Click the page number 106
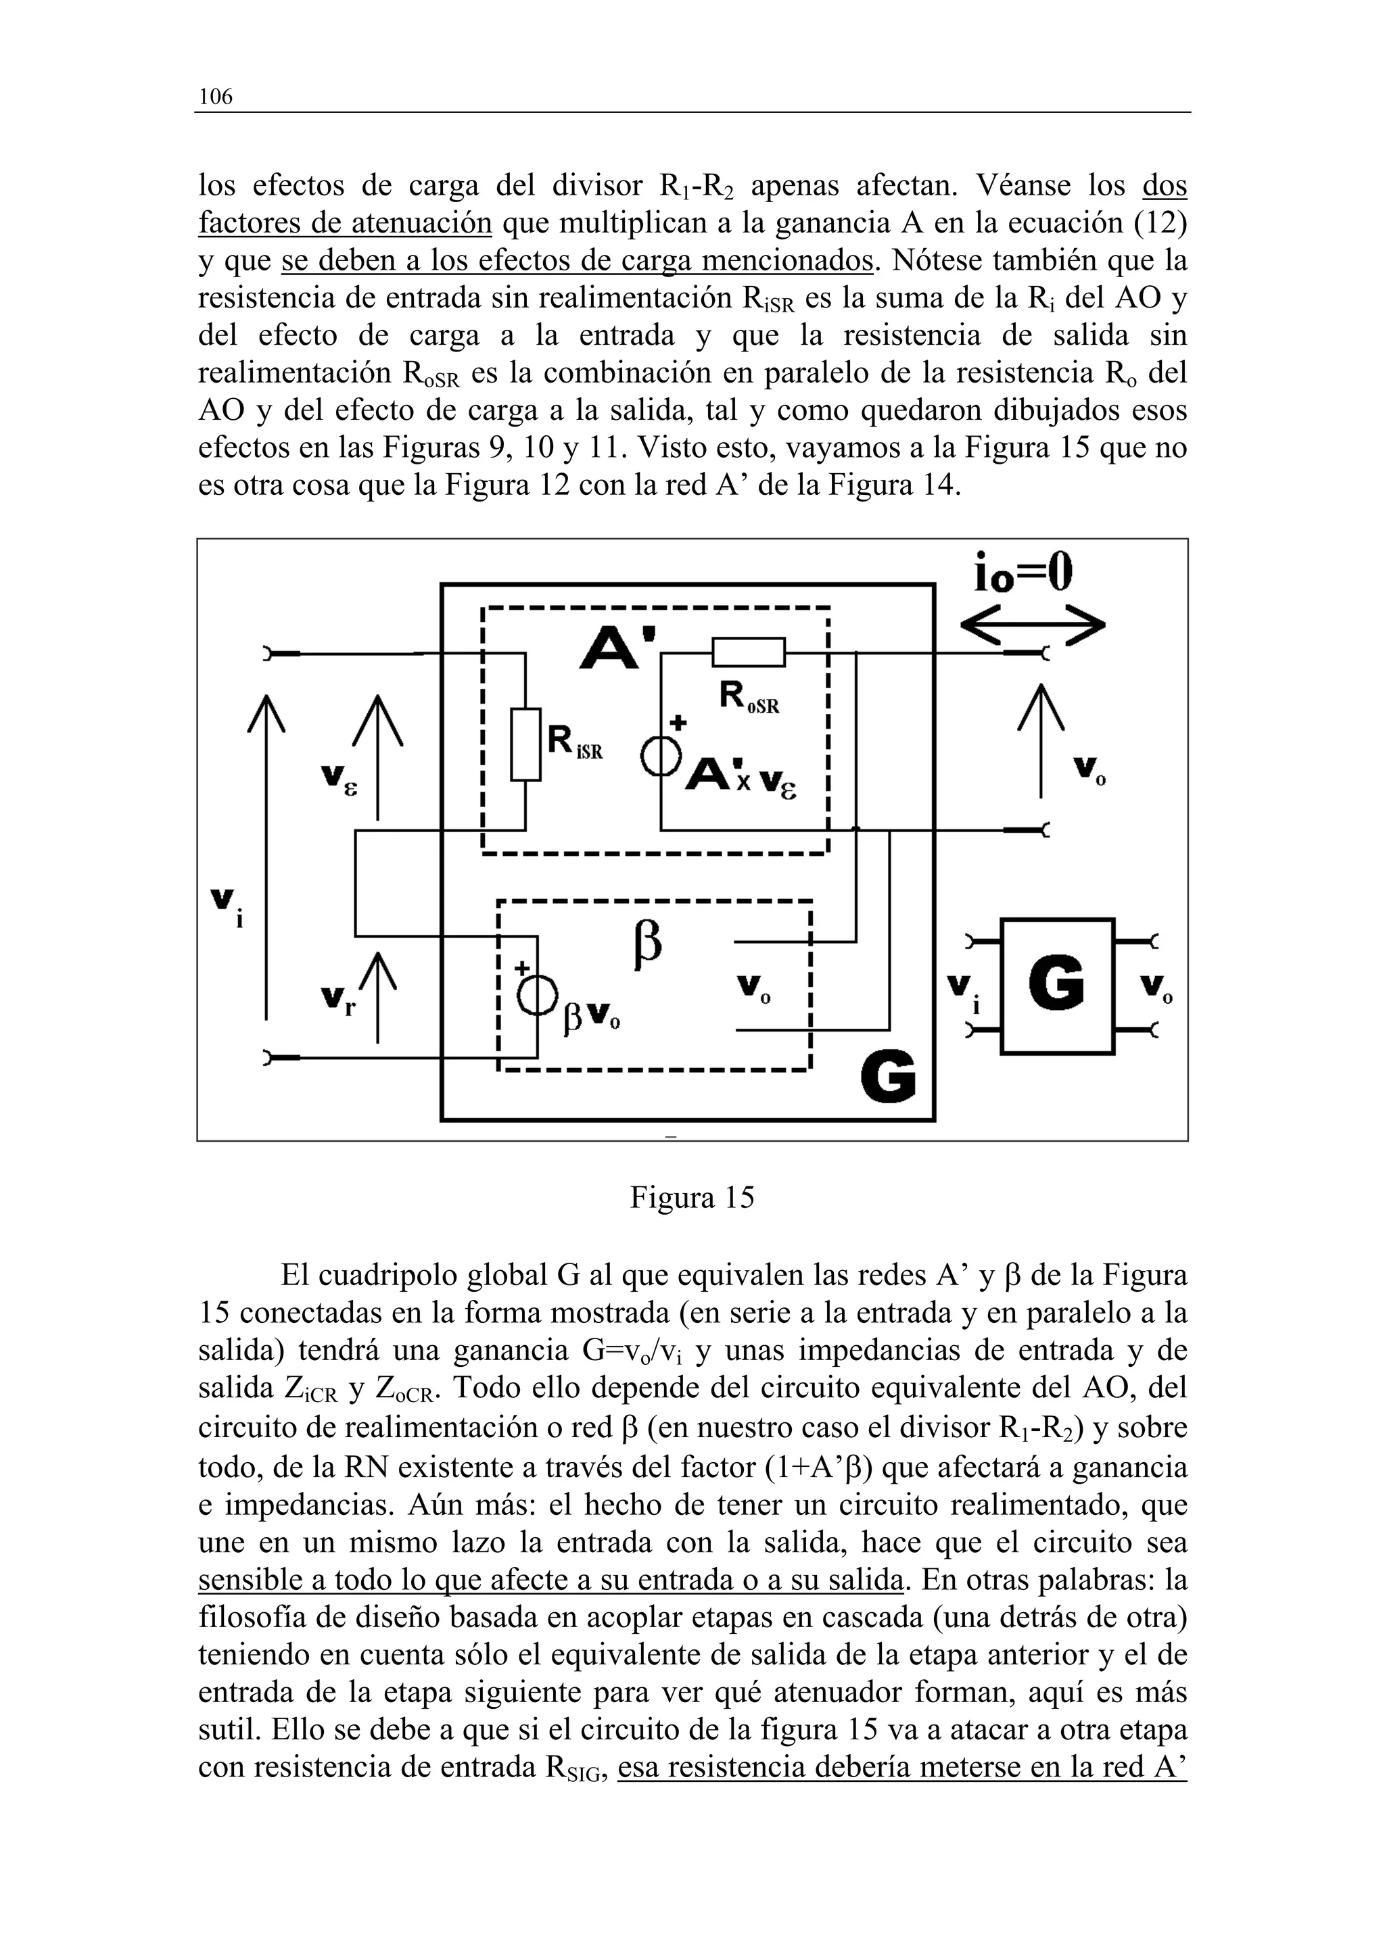coord(215,97)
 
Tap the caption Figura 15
coord(692,1197)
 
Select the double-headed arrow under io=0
coord(1032,629)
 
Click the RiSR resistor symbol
coord(525,744)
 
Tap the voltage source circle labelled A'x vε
coord(661,756)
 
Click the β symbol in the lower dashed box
coord(648,946)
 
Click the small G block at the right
coord(1056,986)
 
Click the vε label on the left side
coord(339,778)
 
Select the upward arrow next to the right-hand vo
coord(1041,740)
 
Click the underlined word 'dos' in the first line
coord(1164,185)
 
